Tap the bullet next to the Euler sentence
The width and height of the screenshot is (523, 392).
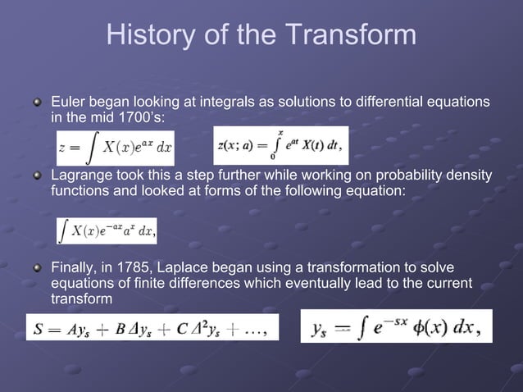pyautogui.click(x=36, y=103)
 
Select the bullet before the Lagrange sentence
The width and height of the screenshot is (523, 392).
pyautogui.click(x=36, y=177)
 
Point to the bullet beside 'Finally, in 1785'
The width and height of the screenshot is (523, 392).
pyautogui.click(x=36, y=269)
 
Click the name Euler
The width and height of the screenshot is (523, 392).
pyautogui.click(x=67, y=102)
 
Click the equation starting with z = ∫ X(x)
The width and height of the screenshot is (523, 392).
pyautogui.click(x=116, y=148)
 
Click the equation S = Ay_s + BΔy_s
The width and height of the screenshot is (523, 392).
pyautogui.click(x=152, y=326)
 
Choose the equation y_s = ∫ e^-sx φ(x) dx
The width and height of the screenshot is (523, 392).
pyautogui.click(x=396, y=327)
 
